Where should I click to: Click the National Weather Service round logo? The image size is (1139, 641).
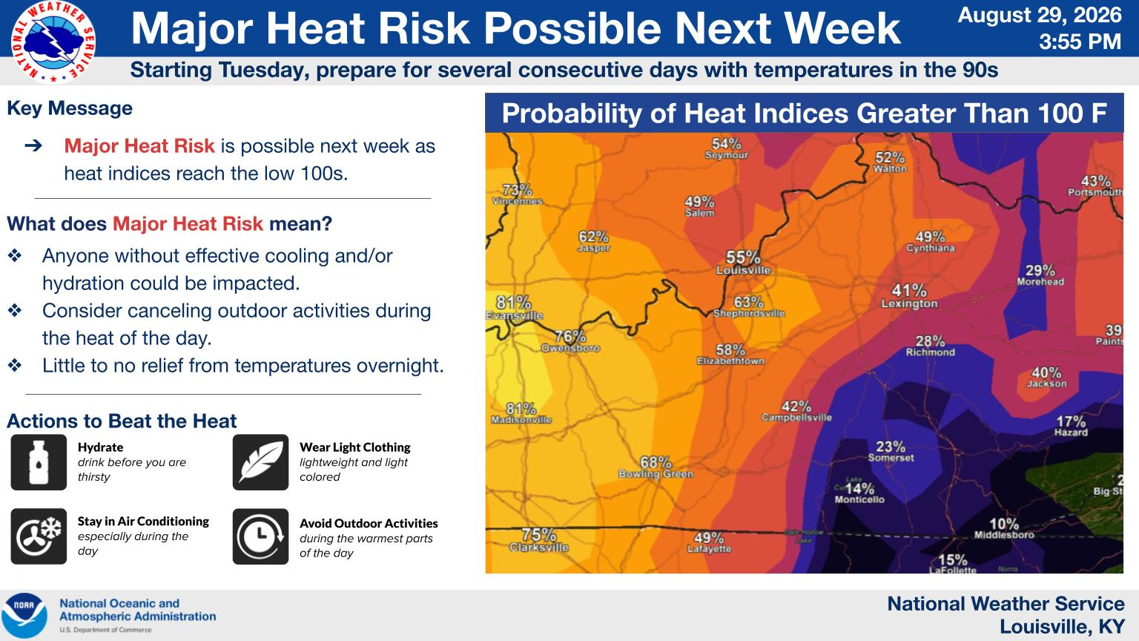pos(53,42)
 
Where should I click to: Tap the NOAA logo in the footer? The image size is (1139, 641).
pos(24,615)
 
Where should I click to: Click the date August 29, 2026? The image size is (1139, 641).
pos(1040,16)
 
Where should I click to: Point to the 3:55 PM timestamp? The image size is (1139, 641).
pos(1080,42)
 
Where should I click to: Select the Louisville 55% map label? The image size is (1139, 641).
pos(744,263)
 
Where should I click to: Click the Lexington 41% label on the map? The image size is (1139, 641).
pos(909,296)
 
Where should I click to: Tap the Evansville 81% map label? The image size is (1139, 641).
pos(514,309)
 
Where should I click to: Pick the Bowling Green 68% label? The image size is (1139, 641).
pos(656,467)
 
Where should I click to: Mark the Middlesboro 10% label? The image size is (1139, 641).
pos(1004,528)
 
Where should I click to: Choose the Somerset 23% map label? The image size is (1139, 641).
pos(891,451)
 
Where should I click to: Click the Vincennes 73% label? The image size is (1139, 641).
pos(517,194)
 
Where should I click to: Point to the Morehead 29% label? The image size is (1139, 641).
pos(1040,275)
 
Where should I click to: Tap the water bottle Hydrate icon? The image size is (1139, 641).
pos(39,462)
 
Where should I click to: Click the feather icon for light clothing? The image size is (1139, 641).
pos(261,462)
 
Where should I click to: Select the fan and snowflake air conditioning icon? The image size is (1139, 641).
pos(39,536)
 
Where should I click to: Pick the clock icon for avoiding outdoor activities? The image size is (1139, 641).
pos(261,536)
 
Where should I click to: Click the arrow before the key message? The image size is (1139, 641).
pos(33,146)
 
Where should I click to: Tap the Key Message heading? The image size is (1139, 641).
pos(70,108)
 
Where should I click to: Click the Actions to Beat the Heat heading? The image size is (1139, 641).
pos(122,421)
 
